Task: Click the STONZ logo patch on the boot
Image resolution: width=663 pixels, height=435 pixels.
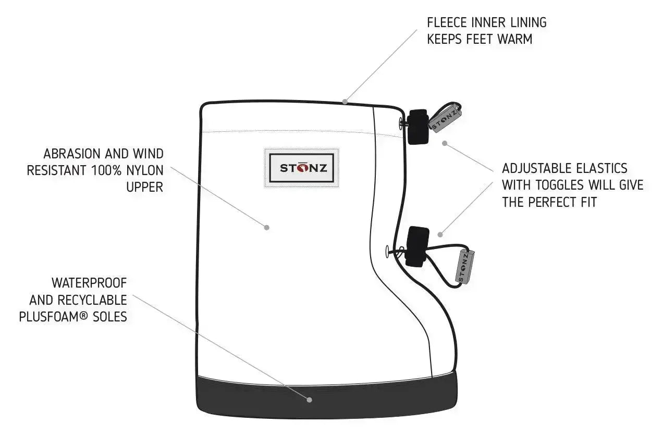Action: pos(302,168)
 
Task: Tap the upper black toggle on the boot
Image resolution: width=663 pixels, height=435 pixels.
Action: pos(418,127)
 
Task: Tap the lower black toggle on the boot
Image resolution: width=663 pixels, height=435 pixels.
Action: pos(417,246)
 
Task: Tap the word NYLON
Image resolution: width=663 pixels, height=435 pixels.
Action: pos(144,170)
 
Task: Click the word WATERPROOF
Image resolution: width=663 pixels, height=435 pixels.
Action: pos(89,283)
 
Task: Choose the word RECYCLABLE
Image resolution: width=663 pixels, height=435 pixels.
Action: pos(98,300)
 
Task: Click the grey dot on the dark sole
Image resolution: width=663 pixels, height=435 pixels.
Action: pos(310,400)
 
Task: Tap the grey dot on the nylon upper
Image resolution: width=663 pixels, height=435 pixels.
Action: pos(267,227)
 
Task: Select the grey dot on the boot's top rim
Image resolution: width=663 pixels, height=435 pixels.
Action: pos(345,101)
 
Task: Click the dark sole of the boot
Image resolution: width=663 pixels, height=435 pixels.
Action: pos(235,396)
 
